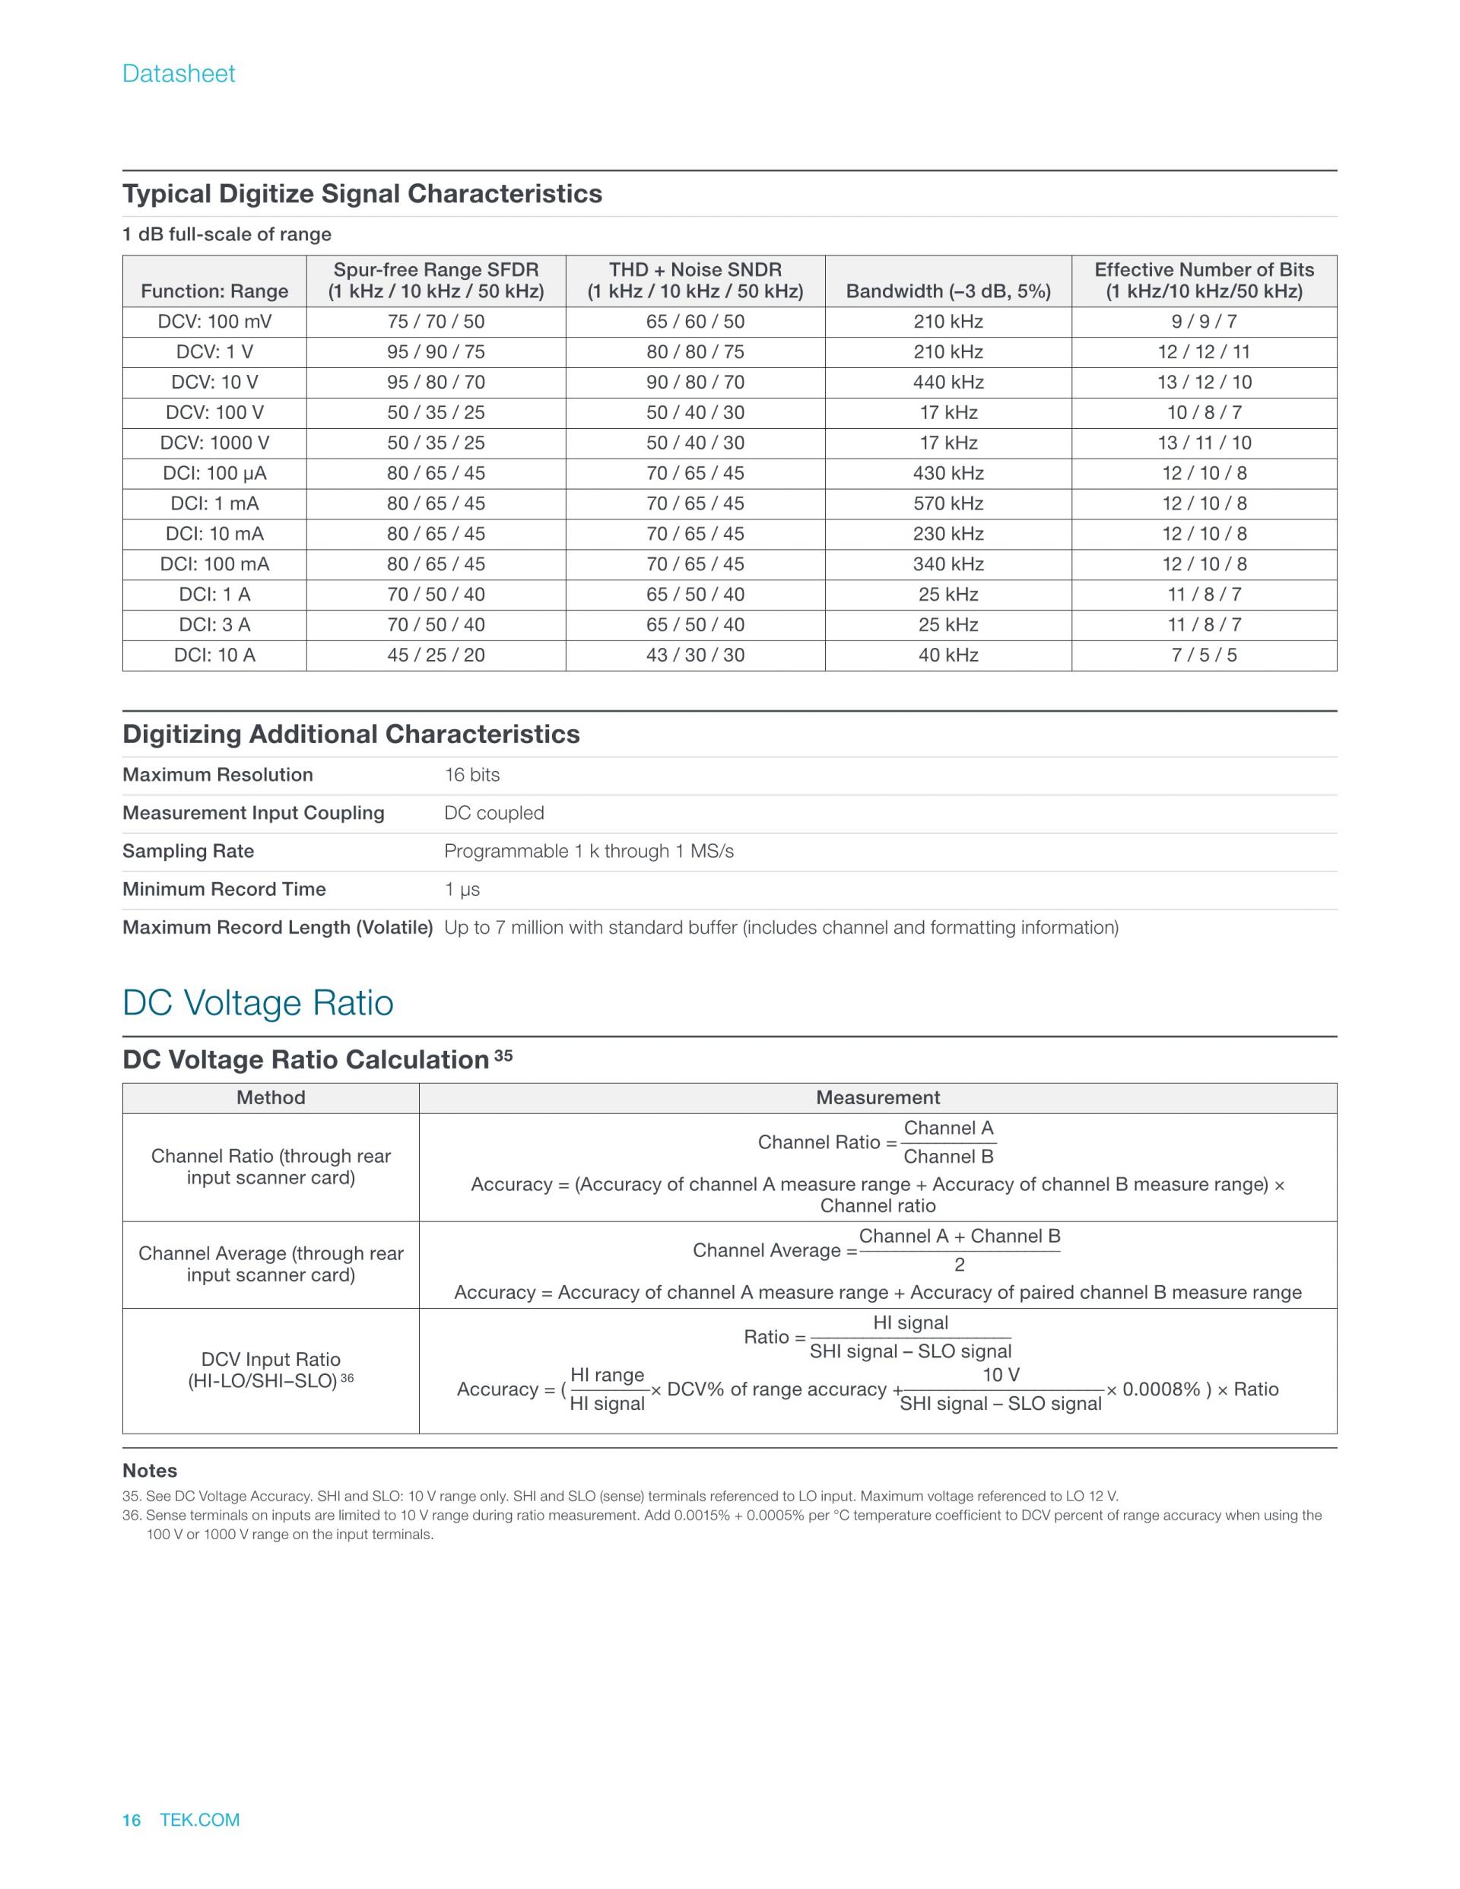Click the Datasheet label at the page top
[178, 74]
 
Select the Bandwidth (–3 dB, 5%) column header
[948, 291]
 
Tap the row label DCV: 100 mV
[214, 322]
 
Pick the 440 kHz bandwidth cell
[948, 383]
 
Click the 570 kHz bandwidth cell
[948, 503]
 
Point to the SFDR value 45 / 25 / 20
[436, 655]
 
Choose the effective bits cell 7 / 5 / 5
[1204, 655]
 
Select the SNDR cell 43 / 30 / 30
[696, 655]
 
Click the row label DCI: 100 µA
[214, 473]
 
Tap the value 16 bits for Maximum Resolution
[472, 775]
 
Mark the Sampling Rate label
[189, 851]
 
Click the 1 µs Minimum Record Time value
[462, 889]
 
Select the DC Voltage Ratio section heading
[258, 1003]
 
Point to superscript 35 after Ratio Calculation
[503, 1056]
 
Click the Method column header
[271, 1097]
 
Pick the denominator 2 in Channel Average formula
[959, 1265]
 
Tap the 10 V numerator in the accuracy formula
[1001, 1375]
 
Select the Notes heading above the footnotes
[150, 1471]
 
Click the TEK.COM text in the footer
[200, 1820]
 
